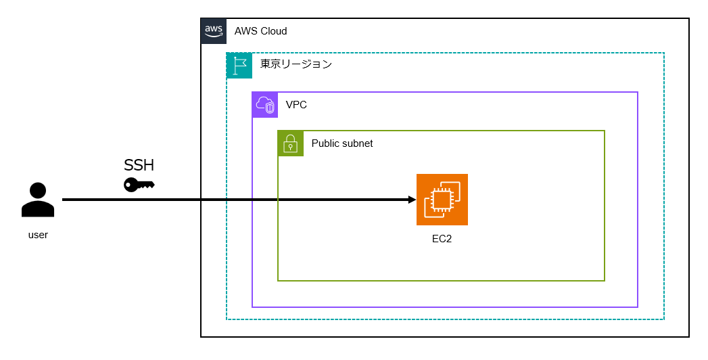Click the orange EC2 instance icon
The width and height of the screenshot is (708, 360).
click(442, 200)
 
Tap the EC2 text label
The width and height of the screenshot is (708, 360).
click(442, 238)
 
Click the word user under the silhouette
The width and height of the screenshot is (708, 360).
click(38, 235)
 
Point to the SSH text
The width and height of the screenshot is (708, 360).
click(139, 166)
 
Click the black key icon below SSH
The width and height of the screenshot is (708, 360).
click(139, 184)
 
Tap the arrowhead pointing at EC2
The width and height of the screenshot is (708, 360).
click(411, 200)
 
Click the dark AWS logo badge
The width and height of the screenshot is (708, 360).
click(214, 31)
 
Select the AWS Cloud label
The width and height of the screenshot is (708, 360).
click(260, 31)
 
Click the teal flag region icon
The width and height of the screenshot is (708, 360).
click(239, 66)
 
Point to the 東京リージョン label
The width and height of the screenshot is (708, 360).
click(296, 65)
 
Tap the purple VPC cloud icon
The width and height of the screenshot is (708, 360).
click(265, 105)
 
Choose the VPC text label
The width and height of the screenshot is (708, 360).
click(296, 105)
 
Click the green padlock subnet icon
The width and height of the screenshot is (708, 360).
click(291, 143)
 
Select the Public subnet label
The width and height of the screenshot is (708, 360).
click(341, 143)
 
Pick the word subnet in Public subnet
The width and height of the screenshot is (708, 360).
click(358, 143)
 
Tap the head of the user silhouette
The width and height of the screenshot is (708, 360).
click(38, 190)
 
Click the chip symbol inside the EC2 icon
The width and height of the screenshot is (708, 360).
click(439, 202)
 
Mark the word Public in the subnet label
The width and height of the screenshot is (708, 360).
click(325, 143)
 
